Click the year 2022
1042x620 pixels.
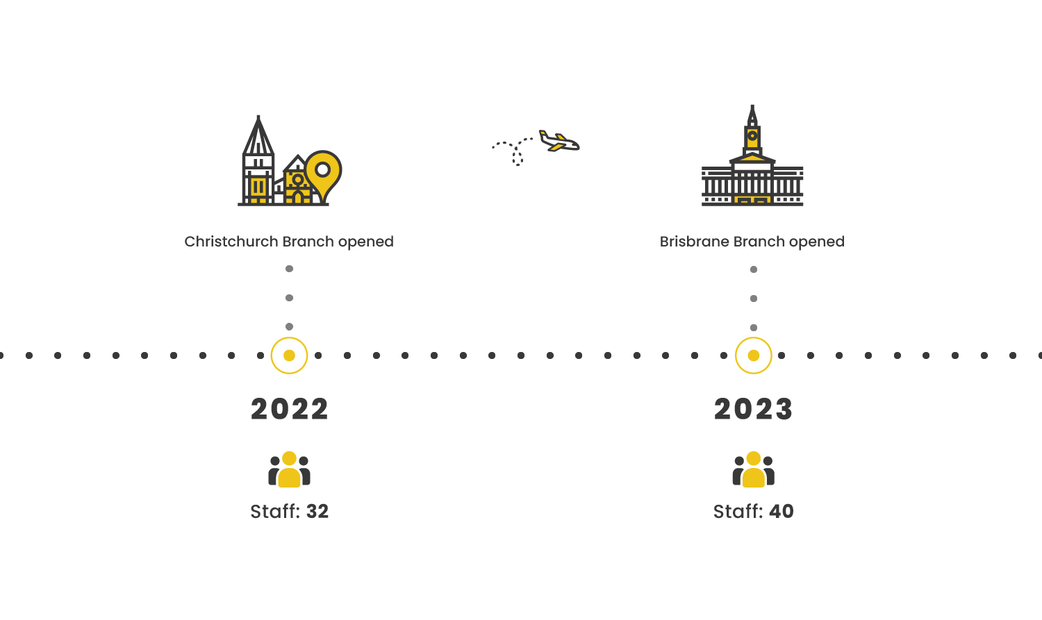click(289, 409)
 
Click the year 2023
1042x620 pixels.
click(753, 409)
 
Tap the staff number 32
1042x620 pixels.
click(317, 512)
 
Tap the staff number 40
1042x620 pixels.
click(781, 512)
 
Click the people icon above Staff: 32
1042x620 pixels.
click(289, 469)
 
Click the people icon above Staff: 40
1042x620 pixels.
click(753, 469)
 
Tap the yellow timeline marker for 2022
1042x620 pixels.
click(289, 355)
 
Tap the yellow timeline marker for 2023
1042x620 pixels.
click(753, 355)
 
